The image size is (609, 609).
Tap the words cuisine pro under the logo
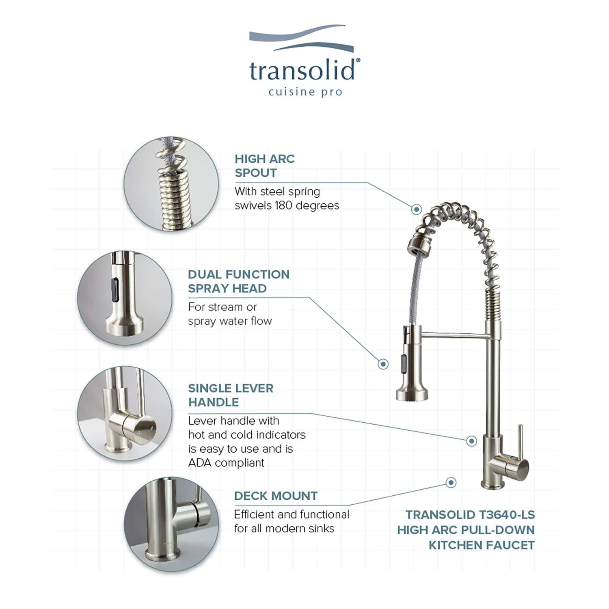coord(305,92)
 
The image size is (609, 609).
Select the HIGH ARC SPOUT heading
coord(265,166)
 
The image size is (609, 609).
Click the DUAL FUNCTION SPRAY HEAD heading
coord(239,281)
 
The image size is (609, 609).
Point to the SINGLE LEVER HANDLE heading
coord(231,395)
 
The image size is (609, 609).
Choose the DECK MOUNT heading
coord(276,496)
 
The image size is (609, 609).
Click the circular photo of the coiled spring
coord(171,184)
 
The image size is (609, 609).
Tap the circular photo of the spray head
coord(125,298)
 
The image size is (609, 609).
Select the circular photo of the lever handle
coord(125,413)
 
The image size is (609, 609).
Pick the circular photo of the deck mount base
coord(171,524)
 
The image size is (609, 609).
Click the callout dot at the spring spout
coord(416,209)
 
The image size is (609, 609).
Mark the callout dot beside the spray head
coord(383,364)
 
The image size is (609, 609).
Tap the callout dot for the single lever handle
coord(471,441)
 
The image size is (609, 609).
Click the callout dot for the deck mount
coord(451,482)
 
